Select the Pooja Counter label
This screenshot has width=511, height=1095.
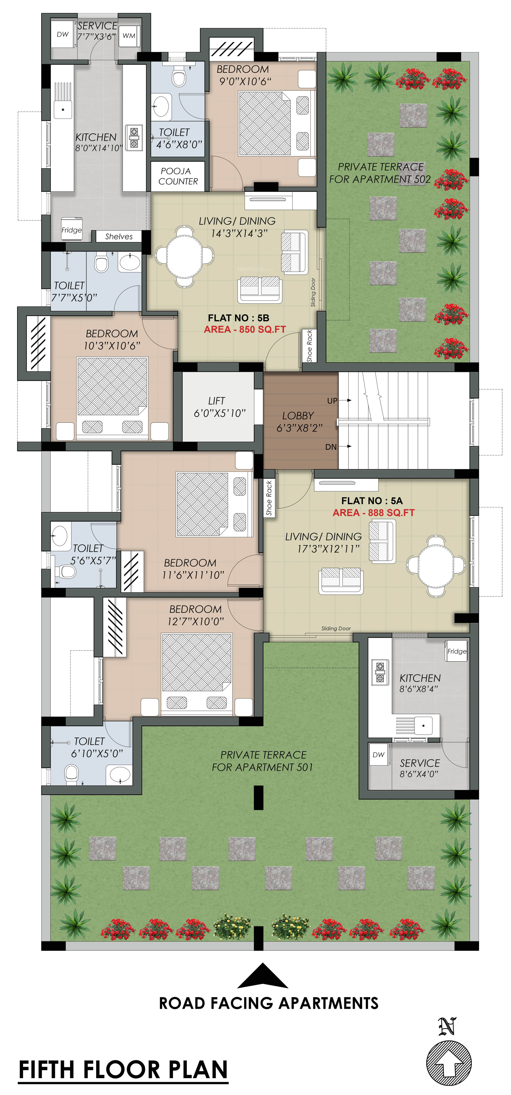[178, 176]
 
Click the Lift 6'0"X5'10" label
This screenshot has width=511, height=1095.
[219, 407]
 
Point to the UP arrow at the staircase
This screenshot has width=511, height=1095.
[346, 400]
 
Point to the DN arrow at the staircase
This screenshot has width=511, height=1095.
[346, 446]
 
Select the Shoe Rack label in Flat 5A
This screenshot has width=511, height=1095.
[269, 498]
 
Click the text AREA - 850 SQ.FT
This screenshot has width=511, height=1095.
[245, 329]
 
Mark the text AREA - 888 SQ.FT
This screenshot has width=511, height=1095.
[373, 513]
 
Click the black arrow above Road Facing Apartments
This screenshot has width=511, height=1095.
[263, 976]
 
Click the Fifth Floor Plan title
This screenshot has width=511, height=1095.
[123, 1070]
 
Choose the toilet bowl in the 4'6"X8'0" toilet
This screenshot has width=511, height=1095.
[179, 78]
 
